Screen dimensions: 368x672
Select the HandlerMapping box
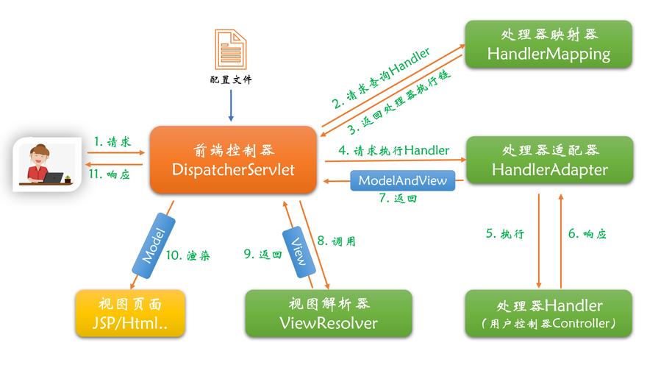pyautogui.click(x=548, y=44)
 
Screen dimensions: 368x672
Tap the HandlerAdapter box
pyautogui.click(x=548, y=160)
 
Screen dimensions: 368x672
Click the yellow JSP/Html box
pyautogui.click(x=129, y=314)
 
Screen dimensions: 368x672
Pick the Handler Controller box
pyautogui.click(x=548, y=314)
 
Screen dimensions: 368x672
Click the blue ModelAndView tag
pyautogui.click(x=402, y=180)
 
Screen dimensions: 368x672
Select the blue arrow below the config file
pyautogui.click(x=231, y=103)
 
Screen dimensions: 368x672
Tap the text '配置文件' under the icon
pyautogui.click(x=230, y=79)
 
